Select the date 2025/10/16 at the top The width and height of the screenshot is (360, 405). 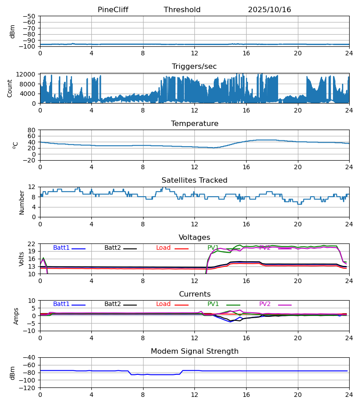[x=270, y=10]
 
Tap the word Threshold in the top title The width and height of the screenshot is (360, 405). [x=182, y=10]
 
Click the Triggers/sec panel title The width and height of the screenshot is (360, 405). [x=194, y=67]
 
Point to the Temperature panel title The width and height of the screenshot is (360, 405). [x=194, y=124]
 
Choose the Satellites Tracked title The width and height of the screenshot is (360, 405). [x=194, y=180]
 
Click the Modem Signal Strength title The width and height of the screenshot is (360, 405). [x=194, y=351]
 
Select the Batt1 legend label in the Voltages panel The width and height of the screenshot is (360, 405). [x=61, y=248]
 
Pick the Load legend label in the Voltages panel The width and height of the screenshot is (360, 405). [x=163, y=248]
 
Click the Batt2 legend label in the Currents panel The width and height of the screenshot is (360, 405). [x=112, y=304]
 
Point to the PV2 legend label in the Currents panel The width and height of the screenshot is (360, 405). [x=265, y=304]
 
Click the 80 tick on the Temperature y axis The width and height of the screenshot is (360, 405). [x=32, y=130]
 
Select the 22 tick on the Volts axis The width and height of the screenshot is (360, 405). [x=32, y=244]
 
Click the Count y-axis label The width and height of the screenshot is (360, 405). [x=10, y=88]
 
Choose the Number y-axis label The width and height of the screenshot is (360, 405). [x=22, y=202]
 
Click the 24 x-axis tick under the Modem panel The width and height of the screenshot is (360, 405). [x=349, y=395]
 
